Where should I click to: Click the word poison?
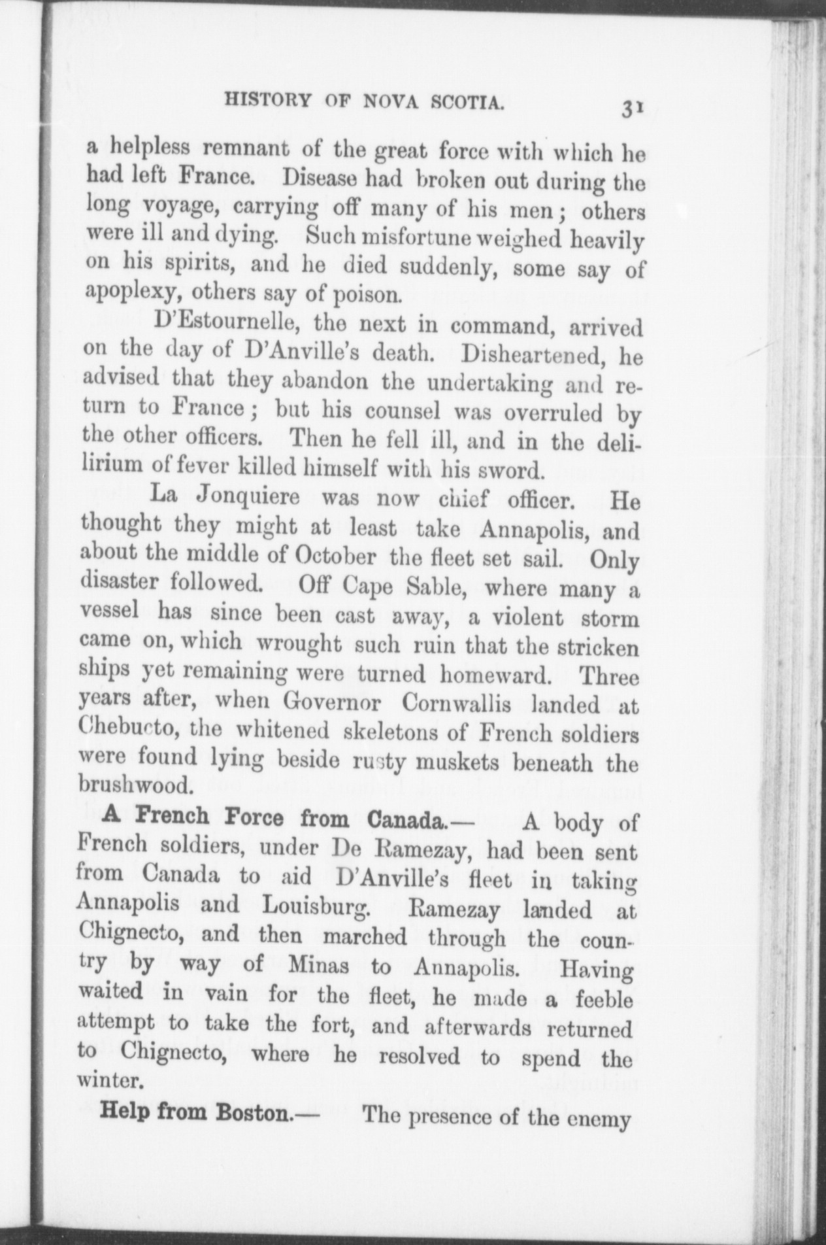367,295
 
